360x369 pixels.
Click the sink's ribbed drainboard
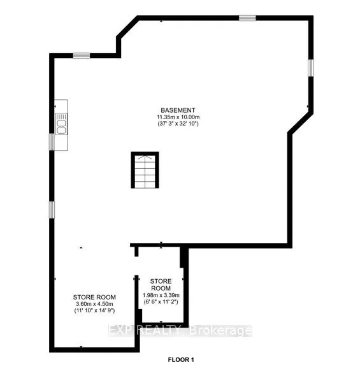[x=62, y=117]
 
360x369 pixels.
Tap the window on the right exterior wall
[x=310, y=68]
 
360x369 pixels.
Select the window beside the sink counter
[x=52, y=141]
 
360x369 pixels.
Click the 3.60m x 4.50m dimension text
[x=94, y=305]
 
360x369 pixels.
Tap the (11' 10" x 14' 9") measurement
[x=94, y=312]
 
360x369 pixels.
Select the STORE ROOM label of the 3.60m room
[x=94, y=297]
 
